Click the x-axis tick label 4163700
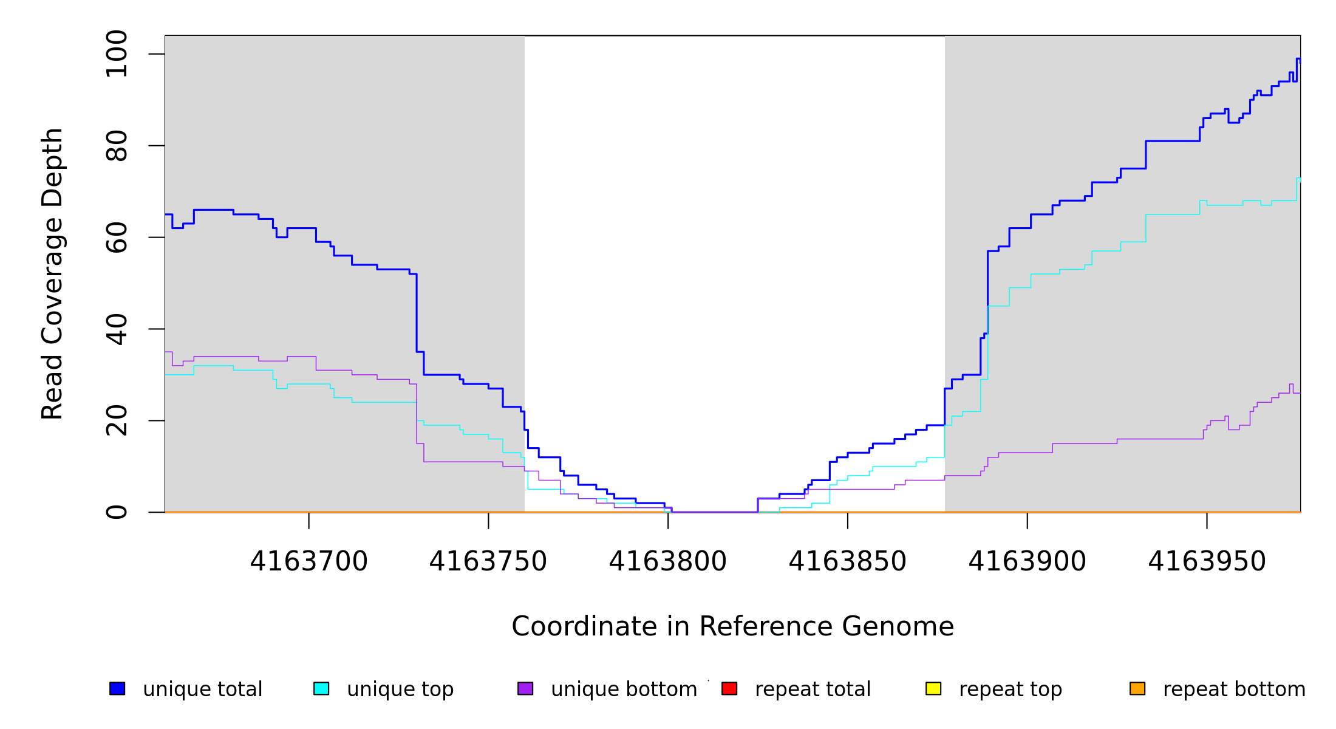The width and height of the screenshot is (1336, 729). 308,562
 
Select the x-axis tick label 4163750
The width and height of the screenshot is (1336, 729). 488,562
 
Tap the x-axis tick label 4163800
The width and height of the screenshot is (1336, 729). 668,562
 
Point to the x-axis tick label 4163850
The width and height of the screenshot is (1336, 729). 847,562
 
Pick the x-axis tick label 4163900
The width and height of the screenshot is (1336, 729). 1027,562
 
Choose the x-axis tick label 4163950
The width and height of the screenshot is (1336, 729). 1207,562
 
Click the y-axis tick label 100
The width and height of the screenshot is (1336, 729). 117,54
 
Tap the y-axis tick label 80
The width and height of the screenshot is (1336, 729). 117,146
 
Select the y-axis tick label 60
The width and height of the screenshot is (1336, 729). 117,238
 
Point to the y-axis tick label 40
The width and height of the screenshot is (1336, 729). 117,329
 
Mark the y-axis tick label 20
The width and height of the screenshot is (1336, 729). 117,421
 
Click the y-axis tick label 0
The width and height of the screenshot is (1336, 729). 117,512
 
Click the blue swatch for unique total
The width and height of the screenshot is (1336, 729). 117,689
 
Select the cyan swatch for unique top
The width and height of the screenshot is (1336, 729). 321,689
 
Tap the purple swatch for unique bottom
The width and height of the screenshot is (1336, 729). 525,689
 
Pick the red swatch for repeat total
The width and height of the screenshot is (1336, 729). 729,689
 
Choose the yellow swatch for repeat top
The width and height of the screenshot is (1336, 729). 933,689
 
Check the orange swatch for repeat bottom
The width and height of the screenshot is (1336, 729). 1137,689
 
